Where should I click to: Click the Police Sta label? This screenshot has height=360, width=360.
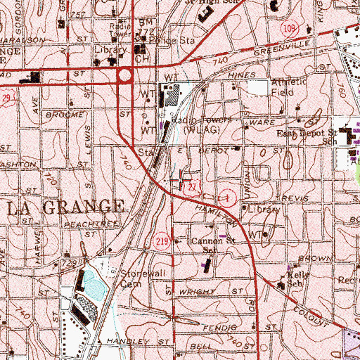pyautogui.click(x=171, y=41)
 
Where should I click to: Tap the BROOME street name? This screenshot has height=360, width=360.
pyautogui.click(x=60, y=112)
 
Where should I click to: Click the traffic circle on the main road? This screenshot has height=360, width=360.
pyautogui.click(x=126, y=75)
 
